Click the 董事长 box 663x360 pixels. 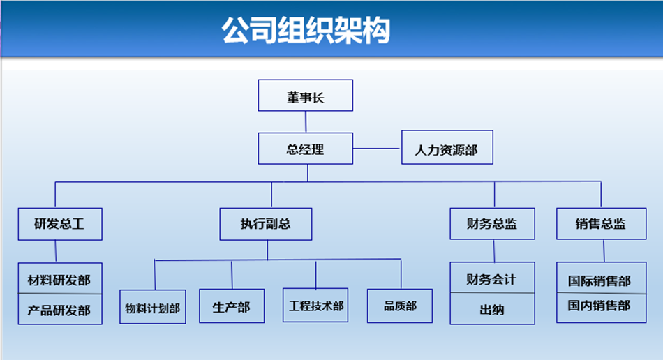click(x=305, y=96)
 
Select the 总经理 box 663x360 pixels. click(x=305, y=149)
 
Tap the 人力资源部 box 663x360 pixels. click(x=447, y=147)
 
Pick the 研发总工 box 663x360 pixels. click(x=60, y=224)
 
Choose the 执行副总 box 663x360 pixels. click(x=265, y=224)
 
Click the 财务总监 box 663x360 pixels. click(x=492, y=223)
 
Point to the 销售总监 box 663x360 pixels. click(x=602, y=223)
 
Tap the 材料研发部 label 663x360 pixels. click(x=59, y=280)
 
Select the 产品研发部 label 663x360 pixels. click(x=59, y=310)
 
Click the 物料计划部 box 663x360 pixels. click(x=153, y=307)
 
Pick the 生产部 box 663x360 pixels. click(x=232, y=306)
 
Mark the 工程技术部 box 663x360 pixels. click(x=315, y=305)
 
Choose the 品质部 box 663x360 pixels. click(x=400, y=306)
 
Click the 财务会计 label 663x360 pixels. click(x=491, y=279)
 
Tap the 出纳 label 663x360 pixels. click(x=492, y=310)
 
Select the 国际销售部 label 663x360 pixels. click(x=599, y=281)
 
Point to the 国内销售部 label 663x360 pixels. click(x=599, y=306)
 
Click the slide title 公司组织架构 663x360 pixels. click(x=306, y=31)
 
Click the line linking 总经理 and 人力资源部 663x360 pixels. click(x=377, y=149)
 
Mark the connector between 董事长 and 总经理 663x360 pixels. click(x=306, y=122)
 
